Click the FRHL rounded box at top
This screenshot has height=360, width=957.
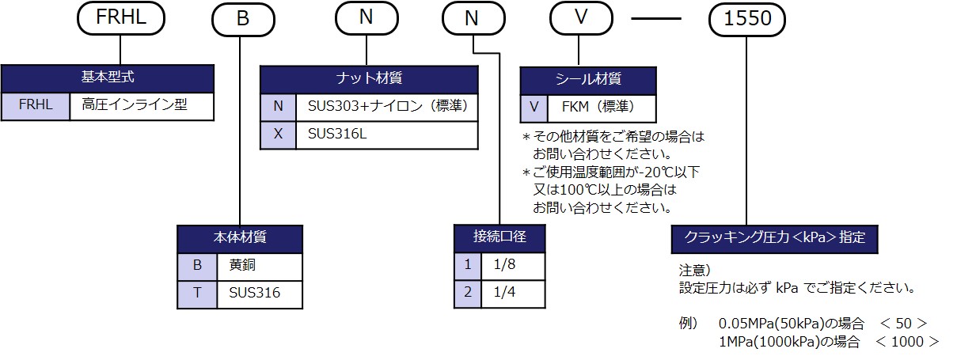click(121, 19)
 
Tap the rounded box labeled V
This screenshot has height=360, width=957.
click(582, 19)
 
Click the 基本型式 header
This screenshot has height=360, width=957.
click(108, 78)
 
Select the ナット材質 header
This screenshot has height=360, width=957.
click(369, 78)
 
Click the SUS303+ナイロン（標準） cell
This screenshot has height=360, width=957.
click(386, 106)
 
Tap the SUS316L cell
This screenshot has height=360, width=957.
click(386, 135)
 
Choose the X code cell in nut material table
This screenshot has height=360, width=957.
click(278, 135)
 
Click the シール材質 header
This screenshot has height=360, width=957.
click(588, 79)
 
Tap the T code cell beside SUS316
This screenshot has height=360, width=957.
click(198, 294)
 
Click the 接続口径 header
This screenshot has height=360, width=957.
click(499, 237)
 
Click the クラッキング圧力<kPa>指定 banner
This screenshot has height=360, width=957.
click(774, 237)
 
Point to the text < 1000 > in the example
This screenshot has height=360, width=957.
click(907, 342)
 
